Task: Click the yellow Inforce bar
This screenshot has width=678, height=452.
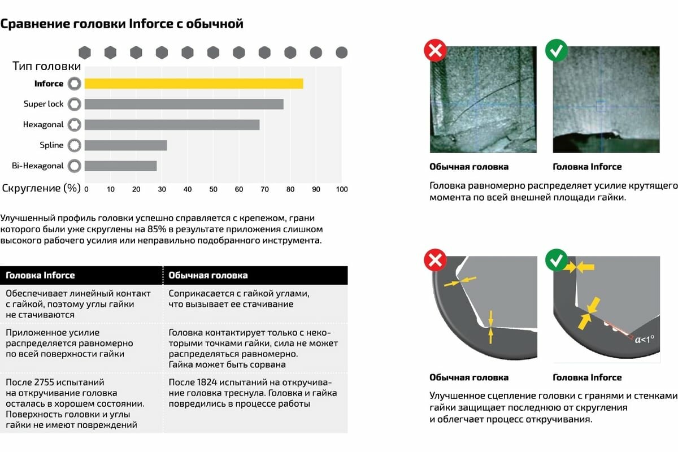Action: click(x=194, y=84)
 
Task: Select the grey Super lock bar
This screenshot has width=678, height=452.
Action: click(x=184, y=104)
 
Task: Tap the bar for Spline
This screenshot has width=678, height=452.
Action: click(x=125, y=145)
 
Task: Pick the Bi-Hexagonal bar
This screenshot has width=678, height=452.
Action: click(x=120, y=166)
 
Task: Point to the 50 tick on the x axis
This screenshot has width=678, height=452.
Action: click(x=214, y=189)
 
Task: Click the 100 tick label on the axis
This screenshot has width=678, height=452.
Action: click(x=341, y=189)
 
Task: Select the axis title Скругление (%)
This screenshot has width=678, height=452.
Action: click(x=41, y=188)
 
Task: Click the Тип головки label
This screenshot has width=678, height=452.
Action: click(x=47, y=66)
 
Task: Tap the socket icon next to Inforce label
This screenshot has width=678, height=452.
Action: click(x=74, y=84)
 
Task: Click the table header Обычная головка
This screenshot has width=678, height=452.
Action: click(x=208, y=276)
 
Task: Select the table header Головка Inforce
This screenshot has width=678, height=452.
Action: click(x=40, y=276)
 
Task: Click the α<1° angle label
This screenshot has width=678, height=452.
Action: click(x=644, y=340)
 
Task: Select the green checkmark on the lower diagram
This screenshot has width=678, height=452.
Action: click(x=556, y=260)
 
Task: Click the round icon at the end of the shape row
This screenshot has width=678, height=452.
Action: click(x=341, y=53)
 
